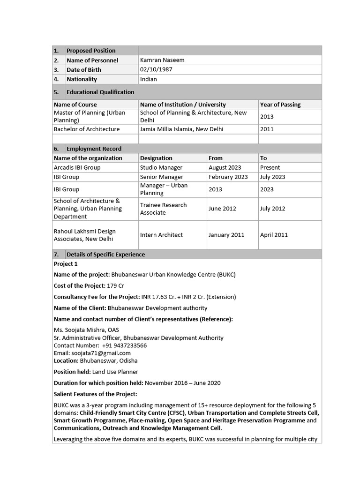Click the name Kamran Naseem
point(159,60)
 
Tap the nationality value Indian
point(148,79)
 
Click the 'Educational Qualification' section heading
point(100,92)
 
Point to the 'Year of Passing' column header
point(280,105)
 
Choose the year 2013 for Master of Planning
point(267,117)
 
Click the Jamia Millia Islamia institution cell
point(181,129)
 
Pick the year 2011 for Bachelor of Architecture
point(267,129)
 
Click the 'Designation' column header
point(156,158)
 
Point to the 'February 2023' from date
point(228,177)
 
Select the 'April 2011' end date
point(274,235)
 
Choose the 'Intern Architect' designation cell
point(161,235)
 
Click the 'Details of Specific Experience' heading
point(105,255)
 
